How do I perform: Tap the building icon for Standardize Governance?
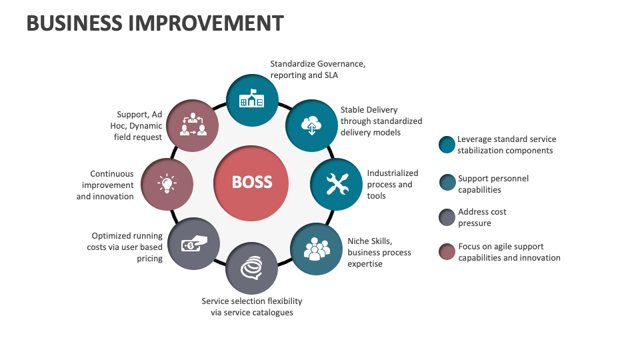[251, 99]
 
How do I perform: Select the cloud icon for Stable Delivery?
[311, 125]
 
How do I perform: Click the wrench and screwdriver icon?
[337, 183]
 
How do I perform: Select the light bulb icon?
[167, 183]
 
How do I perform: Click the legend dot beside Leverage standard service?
[447, 145]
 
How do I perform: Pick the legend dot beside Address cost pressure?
[447, 217]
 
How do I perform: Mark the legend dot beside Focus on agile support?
[447, 252]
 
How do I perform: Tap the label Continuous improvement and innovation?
[106, 185]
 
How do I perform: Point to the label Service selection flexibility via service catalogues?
[251, 307]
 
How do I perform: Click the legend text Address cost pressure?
[481, 217]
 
